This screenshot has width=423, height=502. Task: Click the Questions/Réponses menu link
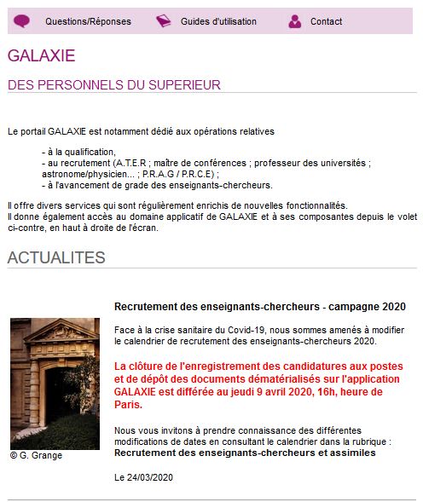click(88, 21)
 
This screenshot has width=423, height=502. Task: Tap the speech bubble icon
click(22, 21)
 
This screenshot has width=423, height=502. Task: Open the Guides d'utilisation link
click(218, 21)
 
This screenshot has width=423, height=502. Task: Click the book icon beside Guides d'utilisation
click(164, 21)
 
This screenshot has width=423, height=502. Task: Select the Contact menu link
click(326, 21)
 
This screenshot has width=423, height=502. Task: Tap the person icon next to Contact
click(295, 21)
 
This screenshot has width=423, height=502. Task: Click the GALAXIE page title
click(41, 56)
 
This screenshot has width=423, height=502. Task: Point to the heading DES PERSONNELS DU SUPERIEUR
click(113, 84)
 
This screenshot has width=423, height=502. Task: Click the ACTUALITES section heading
click(56, 257)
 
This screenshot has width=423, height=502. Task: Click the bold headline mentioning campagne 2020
click(259, 306)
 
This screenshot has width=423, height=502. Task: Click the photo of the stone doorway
click(55, 383)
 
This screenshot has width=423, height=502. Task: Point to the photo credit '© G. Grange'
click(36, 455)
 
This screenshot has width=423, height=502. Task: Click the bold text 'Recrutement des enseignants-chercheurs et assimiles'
click(245, 453)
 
